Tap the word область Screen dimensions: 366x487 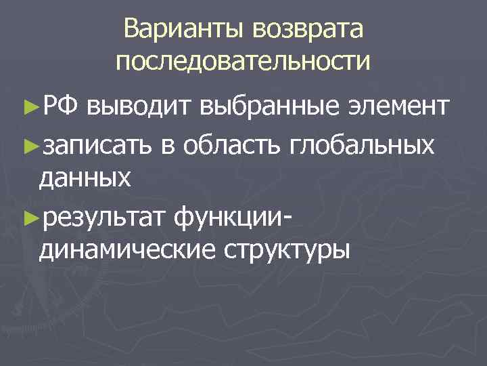click(229, 144)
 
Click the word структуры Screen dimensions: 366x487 click(284, 250)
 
